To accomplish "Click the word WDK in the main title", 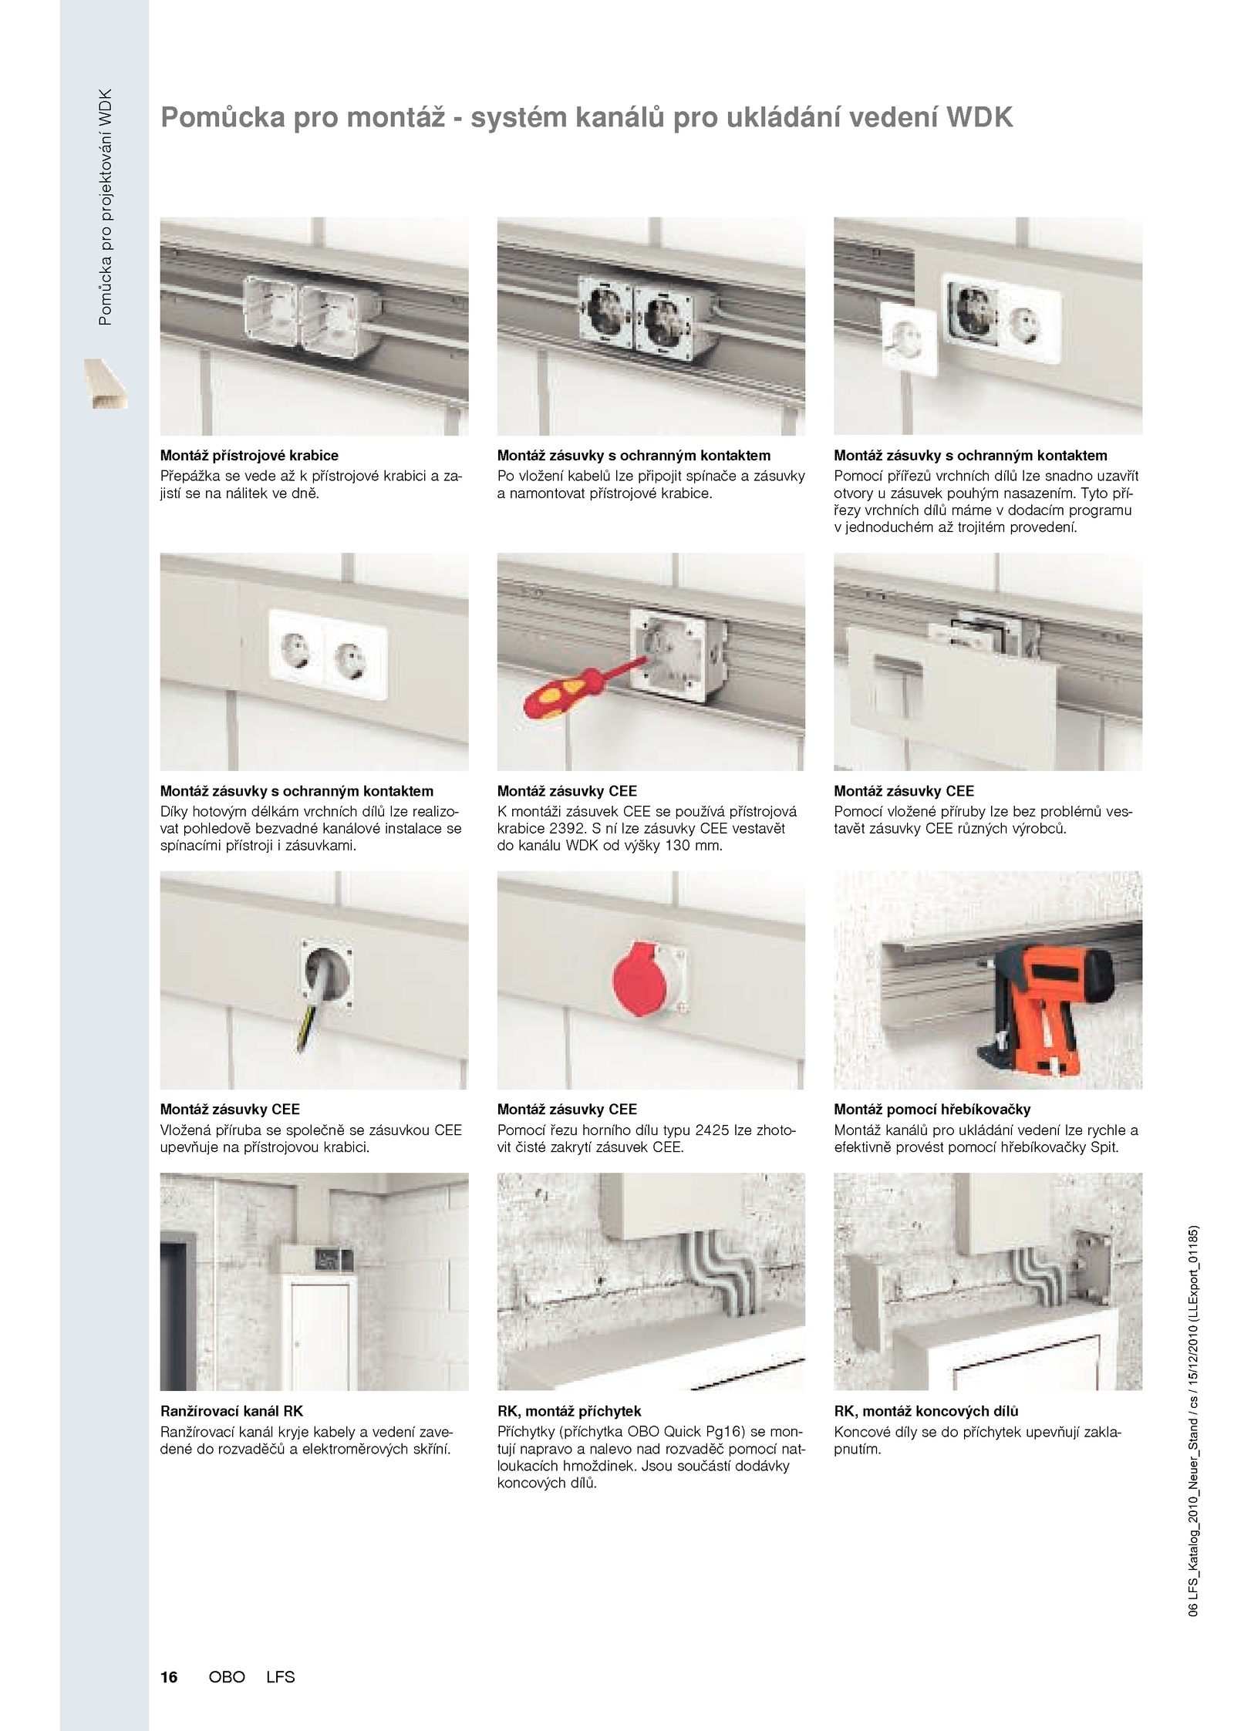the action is (979, 117).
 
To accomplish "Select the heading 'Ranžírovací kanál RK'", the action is (231, 1411).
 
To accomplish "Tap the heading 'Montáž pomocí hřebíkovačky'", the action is (932, 1110).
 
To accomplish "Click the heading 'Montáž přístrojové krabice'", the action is (249, 456).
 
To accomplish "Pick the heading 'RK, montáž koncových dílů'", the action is (926, 1411).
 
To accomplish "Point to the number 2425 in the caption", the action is (713, 1130).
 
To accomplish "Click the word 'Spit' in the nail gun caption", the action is (1104, 1147).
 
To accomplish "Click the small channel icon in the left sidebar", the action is (106, 383).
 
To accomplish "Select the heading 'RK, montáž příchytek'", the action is (569, 1411).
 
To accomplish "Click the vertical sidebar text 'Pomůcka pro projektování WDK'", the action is (106, 207).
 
